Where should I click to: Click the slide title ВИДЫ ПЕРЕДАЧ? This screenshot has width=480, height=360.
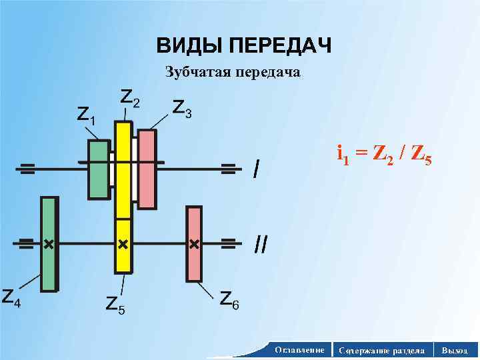click(244, 47)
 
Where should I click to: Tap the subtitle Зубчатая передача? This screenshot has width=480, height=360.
click(233, 73)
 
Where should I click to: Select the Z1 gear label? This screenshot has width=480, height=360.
click(86, 115)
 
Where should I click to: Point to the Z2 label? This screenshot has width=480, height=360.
click(130, 98)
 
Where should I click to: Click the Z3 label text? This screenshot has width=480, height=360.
click(182, 107)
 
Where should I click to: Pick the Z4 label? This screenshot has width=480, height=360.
click(10, 297)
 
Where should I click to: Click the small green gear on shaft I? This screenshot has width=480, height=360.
click(98, 169)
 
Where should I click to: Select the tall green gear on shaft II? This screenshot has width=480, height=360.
click(49, 244)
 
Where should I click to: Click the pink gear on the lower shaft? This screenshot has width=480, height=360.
click(194, 244)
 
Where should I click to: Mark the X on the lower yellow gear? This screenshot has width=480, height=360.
click(123, 245)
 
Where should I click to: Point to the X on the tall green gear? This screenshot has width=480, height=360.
click(48, 245)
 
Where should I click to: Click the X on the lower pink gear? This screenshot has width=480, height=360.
click(194, 245)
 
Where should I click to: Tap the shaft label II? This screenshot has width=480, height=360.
click(261, 245)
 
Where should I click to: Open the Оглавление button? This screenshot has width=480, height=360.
click(299, 350)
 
